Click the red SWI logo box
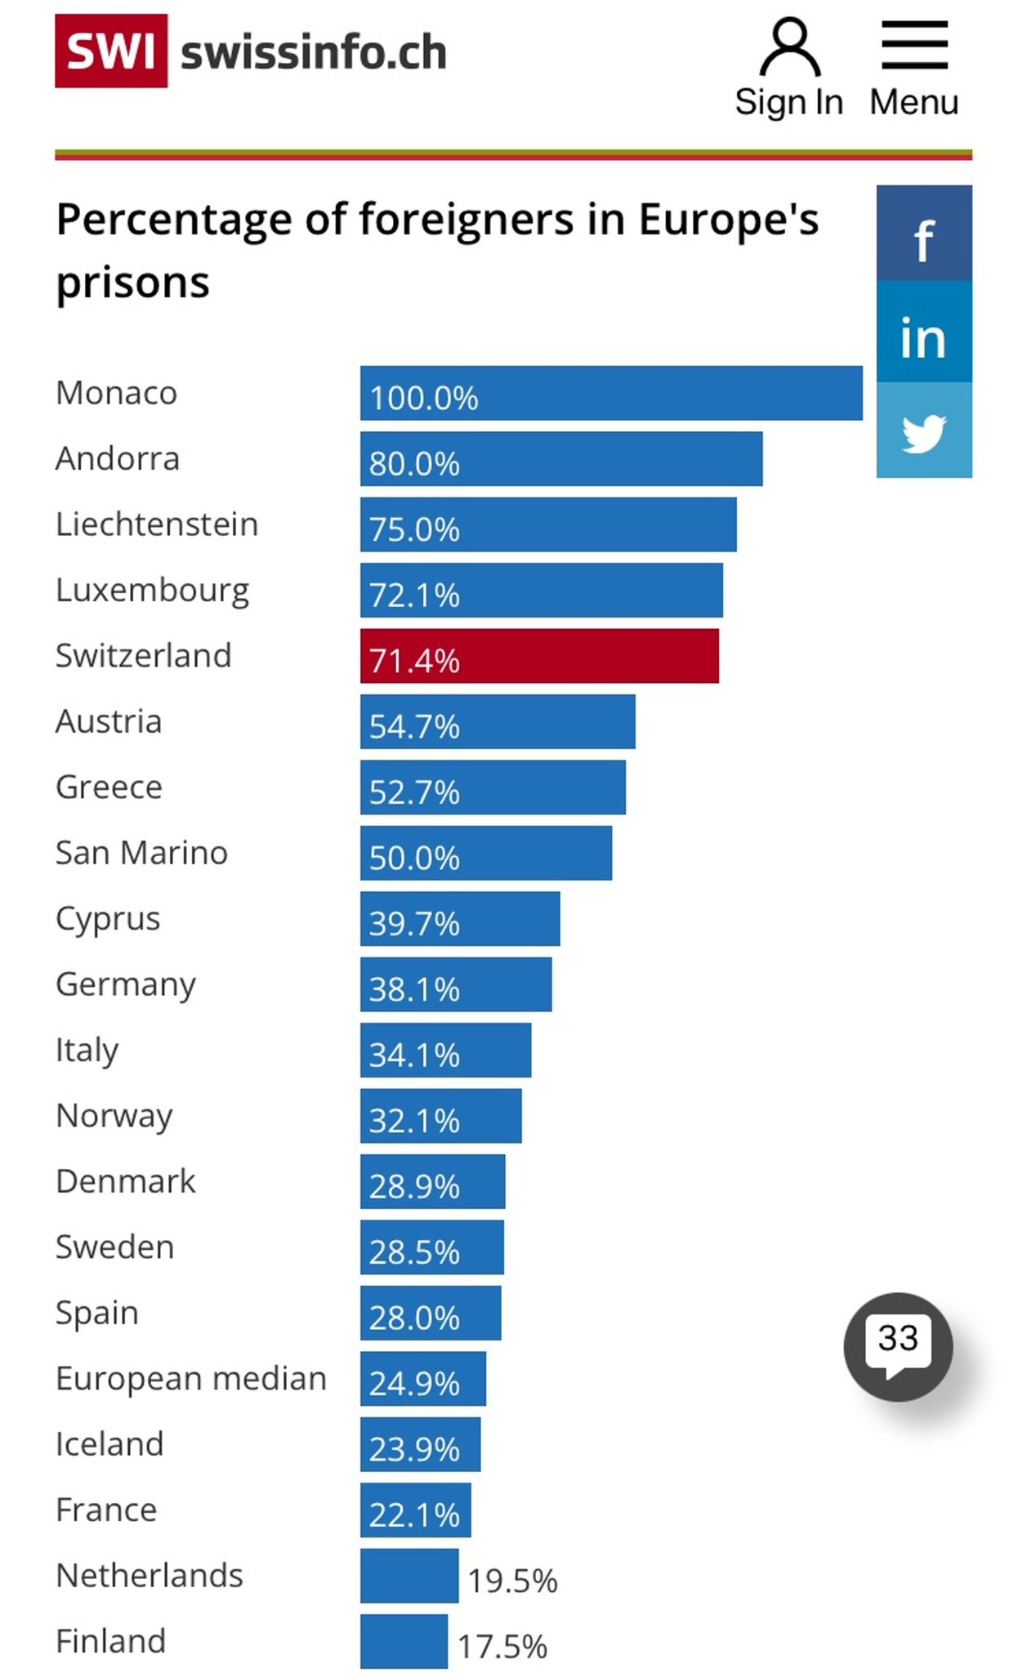click(x=111, y=51)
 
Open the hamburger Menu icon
click(x=914, y=46)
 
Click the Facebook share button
click(x=924, y=234)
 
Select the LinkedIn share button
click(x=924, y=333)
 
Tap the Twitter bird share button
click(x=924, y=431)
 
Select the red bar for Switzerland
click(x=539, y=656)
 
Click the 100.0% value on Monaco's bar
click(x=423, y=398)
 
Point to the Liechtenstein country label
click(x=157, y=524)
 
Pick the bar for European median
click(x=422, y=1379)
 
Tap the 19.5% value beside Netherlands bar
click(x=512, y=1581)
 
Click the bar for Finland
click(x=404, y=1641)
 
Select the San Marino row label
click(x=141, y=853)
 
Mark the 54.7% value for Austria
click(x=414, y=726)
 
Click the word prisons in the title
click(x=133, y=283)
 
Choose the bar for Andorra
click(x=561, y=459)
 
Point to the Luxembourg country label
click(x=153, y=590)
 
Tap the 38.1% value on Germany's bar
click(x=414, y=989)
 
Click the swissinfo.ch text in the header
click(x=314, y=53)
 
